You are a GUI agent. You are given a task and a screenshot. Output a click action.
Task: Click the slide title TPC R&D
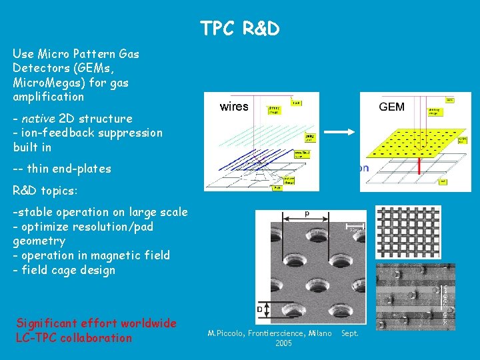tap(239, 29)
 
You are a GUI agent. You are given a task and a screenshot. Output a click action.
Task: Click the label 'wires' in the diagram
tap(234, 107)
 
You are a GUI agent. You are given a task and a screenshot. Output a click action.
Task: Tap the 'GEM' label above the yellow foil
tap(391, 107)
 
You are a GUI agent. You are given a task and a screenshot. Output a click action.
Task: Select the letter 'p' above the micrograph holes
tap(307, 213)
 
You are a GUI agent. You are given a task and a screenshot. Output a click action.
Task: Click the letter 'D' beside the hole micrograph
tap(260, 309)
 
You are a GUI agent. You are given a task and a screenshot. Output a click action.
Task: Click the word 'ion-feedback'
tap(54, 133)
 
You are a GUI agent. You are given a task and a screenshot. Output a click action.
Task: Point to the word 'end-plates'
tap(81, 169)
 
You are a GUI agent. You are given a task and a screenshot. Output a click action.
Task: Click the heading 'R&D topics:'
tap(45, 191)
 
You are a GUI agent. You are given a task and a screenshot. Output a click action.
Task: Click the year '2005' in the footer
tap(283, 343)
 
